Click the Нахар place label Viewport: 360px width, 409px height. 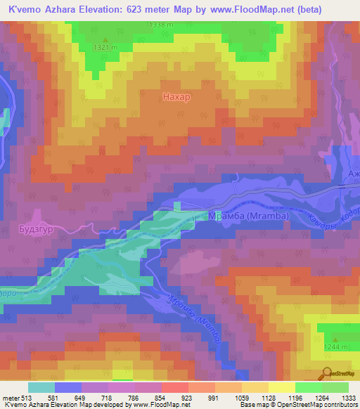(x=176, y=96)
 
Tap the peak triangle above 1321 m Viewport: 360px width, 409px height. (x=106, y=39)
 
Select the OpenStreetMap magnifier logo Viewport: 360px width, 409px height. (x=327, y=372)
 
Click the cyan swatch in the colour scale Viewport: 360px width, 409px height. (x=41, y=387)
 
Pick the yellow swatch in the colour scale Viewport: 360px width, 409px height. (x=281, y=387)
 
